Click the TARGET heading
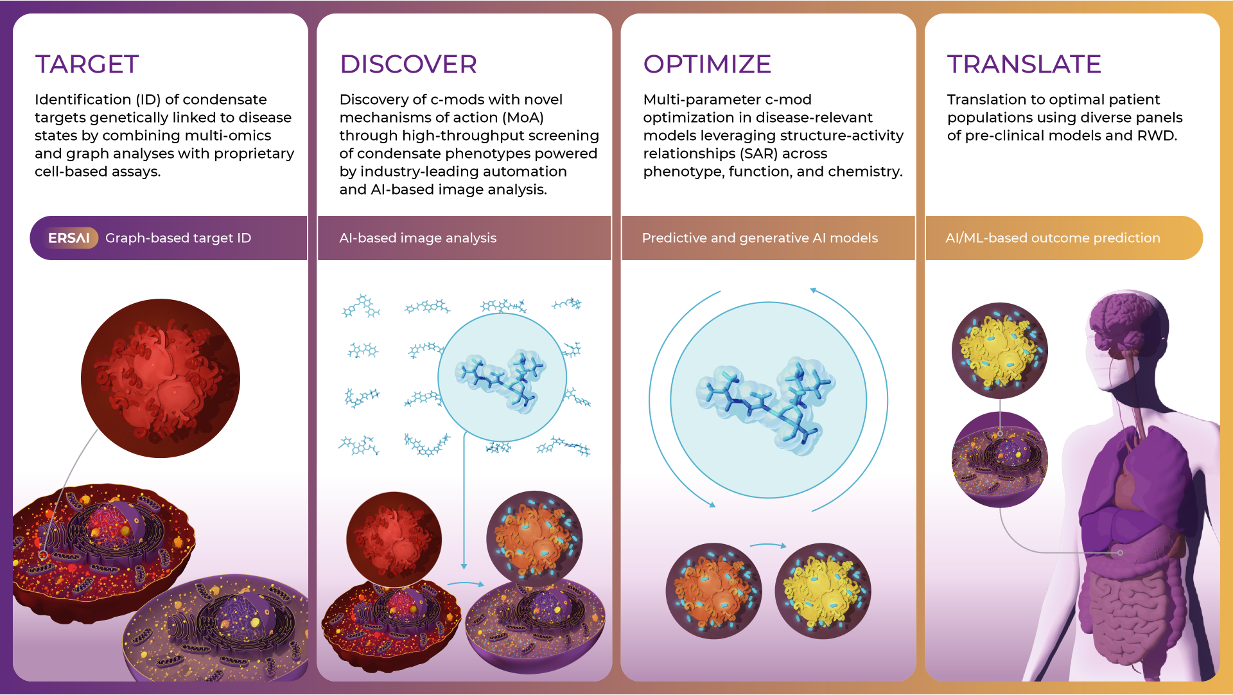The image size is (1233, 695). tap(87, 64)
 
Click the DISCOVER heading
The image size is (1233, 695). tap(408, 64)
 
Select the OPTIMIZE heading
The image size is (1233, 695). tap(707, 64)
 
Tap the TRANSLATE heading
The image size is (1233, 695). tap(1024, 64)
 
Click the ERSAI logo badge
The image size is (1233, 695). tap(69, 238)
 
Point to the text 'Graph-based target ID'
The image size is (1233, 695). tap(178, 238)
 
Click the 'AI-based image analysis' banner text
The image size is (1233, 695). tap(418, 238)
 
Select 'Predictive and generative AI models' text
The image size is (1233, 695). tap(760, 238)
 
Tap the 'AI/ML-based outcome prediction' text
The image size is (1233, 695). tap(1053, 238)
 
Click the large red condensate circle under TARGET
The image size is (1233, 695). tap(161, 378)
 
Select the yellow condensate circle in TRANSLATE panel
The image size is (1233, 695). tap(1000, 351)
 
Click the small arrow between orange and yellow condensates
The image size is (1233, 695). tap(768, 545)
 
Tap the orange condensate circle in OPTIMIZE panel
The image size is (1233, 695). tap(713, 591)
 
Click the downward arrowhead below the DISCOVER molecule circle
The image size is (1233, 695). tap(464, 566)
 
